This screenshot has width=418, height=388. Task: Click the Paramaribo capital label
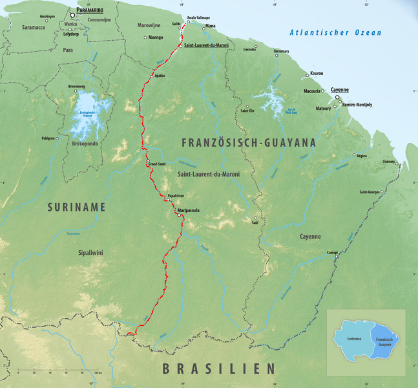coord(94,11)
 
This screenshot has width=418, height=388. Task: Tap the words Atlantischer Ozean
coord(335,32)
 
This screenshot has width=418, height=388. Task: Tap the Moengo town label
coord(156,38)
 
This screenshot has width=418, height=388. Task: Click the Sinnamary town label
coord(281,50)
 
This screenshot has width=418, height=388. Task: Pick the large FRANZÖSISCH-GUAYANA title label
coord(249,142)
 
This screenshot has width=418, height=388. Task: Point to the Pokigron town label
coord(48,138)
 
